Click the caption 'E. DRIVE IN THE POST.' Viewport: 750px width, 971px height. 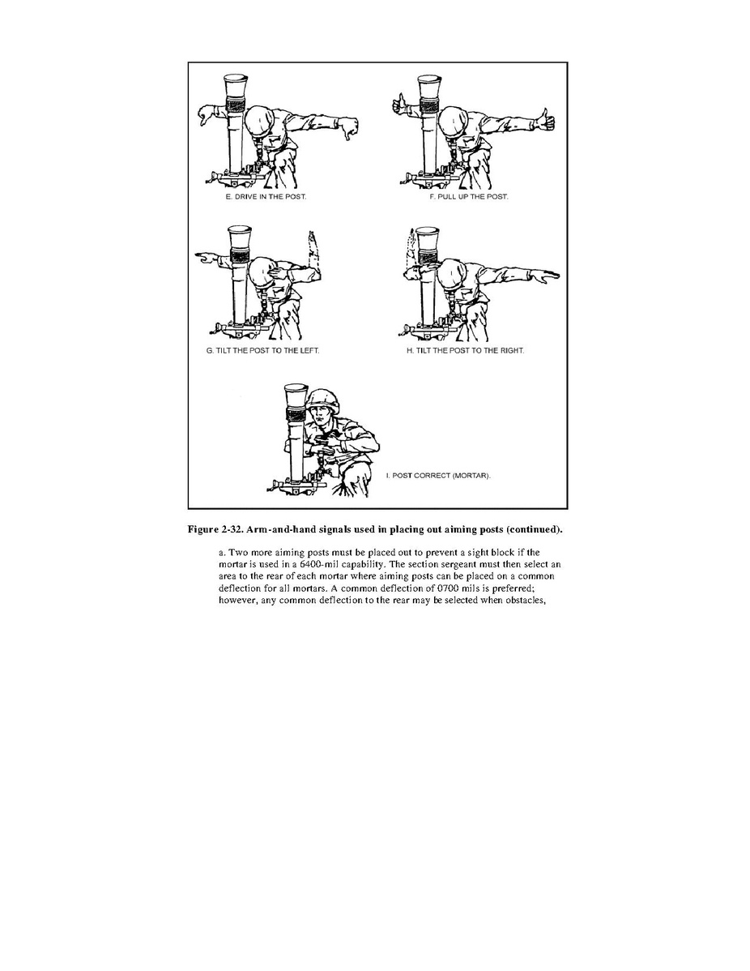(266, 197)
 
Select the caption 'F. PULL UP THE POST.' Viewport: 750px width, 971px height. (469, 197)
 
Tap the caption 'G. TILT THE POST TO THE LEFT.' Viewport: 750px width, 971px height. (263, 350)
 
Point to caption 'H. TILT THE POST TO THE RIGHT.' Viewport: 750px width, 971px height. (466, 350)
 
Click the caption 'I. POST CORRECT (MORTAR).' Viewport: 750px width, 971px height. (438, 476)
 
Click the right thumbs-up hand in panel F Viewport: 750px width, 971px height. (545, 119)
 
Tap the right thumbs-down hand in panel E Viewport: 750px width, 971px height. (348, 128)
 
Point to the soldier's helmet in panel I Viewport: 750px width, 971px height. (324, 400)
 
